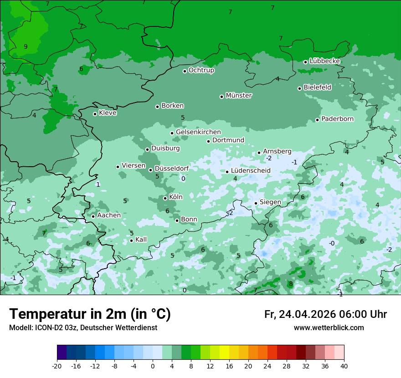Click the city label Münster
click(x=239, y=96)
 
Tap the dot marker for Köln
click(x=165, y=198)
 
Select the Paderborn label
click(x=337, y=119)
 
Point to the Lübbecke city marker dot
click(x=305, y=62)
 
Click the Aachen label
click(x=109, y=215)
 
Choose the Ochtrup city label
click(x=201, y=70)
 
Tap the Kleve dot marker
click(x=95, y=114)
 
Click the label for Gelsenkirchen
click(x=198, y=132)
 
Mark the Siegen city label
click(x=270, y=202)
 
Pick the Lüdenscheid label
click(x=251, y=171)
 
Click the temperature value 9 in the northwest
click(x=26, y=46)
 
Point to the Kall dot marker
click(x=131, y=240)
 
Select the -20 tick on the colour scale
click(x=57, y=366)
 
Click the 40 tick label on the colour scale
click(x=344, y=366)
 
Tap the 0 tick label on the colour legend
click(x=153, y=366)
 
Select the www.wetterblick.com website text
click(x=329, y=328)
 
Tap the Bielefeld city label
click(x=317, y=87)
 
